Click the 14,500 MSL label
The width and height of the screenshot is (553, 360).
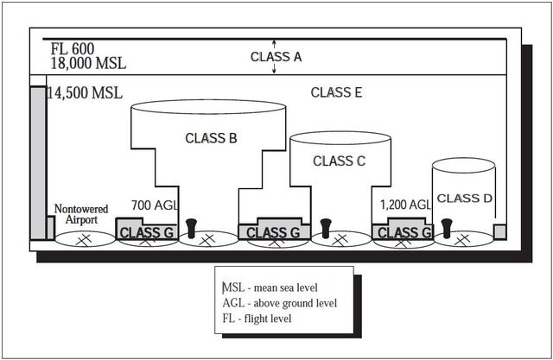[x=85, y=92]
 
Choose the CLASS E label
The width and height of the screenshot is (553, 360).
[x=335, y=92]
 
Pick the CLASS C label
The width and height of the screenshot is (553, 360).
[x=339, y=161]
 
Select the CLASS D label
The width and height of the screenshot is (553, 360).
[x=464, y=199]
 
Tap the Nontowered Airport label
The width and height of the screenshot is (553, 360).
[x=80, y=214]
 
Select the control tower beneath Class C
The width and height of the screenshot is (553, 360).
[x=326, y=226]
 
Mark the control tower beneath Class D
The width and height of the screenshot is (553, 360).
[x=447, y=227]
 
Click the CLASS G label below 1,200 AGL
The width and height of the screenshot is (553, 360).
[x=404, y=233]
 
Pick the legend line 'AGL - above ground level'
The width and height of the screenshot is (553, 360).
[x=281, y=303]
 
